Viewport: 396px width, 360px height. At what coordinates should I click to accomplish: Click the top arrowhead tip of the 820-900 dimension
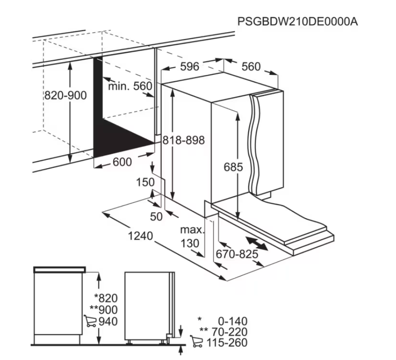[x=70, y=61]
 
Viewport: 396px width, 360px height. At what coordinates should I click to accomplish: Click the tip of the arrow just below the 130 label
[x=203, y=257]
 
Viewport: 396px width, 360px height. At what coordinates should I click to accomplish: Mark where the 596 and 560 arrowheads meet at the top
[x=223, y=59]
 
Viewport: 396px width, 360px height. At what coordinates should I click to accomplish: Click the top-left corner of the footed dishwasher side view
[x=125, y=272]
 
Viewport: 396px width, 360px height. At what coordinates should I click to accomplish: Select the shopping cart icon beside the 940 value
[x=90, y=321]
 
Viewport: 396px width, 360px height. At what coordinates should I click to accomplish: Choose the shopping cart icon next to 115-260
[x=196, y=341]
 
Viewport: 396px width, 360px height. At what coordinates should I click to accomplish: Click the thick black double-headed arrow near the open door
[x=256, y=244]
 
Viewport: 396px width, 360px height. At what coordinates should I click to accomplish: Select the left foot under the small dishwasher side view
[x=129, y=342]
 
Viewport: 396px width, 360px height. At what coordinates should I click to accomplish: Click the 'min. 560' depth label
[x=130, y=86]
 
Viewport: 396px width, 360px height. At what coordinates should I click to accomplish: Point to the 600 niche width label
[x=122, y=162]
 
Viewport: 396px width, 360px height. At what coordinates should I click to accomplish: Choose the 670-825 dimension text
[x=237, y=254]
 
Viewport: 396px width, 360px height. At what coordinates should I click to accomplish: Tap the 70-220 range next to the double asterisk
[x=229, y=332]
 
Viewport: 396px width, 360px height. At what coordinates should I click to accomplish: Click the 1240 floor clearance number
[x=140, y=236]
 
